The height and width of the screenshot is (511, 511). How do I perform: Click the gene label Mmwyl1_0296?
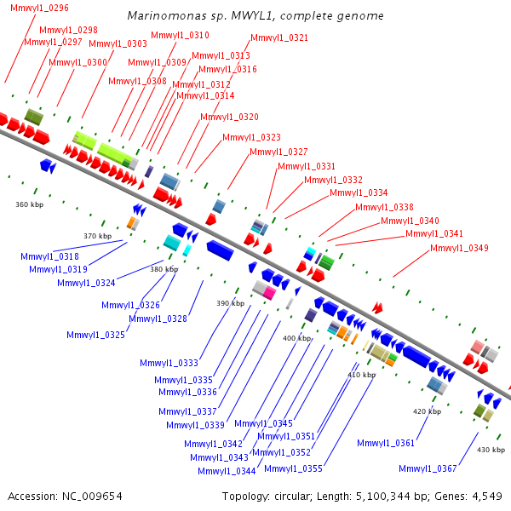tap(39, 8)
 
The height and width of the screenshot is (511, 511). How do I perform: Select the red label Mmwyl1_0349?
tap(459, 248)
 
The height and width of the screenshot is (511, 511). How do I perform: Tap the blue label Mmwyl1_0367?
tap(428, 468)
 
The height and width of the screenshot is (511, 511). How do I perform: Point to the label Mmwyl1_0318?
tap(49, 256)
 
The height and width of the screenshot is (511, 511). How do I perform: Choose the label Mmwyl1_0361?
tap(386, 443)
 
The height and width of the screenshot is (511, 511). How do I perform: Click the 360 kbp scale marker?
tap(29, 204)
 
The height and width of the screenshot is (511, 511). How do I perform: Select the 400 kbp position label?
tap(297, 338)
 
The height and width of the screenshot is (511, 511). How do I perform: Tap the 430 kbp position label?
tap(491, 450)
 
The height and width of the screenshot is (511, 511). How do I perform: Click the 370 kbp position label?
tap(97, 236)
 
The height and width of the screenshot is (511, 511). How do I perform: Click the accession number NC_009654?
tap(92, 497)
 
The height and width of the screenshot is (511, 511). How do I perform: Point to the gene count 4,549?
tap(487, 497)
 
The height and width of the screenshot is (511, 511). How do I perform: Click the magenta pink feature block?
tap(269, 293)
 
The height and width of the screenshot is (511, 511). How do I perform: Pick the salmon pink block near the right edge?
tap(477, 347)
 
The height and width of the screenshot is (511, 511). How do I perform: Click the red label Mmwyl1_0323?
tap(251, 137)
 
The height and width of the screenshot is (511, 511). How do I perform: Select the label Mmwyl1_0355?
tap(293, 468)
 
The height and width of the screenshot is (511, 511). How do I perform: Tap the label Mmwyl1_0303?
tap(118, 43)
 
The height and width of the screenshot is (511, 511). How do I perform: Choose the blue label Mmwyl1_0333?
tap(169, 363)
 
